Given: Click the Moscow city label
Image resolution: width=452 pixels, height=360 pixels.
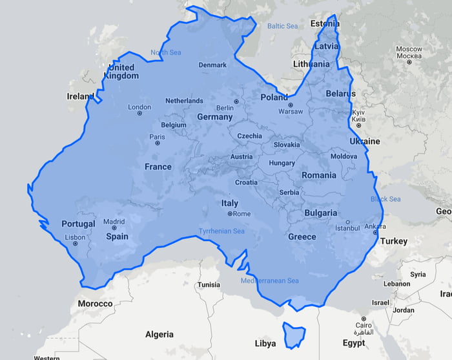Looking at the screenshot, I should click(x=409, y=49).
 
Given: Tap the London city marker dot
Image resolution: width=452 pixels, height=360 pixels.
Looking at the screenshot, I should click(x=139, y=114).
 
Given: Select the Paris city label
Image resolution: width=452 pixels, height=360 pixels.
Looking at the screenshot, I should click(x=157, y=136).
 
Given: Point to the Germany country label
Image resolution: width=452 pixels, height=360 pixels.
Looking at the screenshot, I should click(x=214, y=117).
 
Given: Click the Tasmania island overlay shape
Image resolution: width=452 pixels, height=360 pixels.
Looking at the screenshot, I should click(x=294, y=335).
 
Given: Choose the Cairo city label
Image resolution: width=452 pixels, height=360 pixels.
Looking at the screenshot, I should click(x=364, y=325).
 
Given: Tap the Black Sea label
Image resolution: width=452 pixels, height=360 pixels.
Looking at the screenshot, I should click(x=385, y=199).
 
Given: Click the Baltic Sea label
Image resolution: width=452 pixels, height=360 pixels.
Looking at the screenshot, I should click(x=282, y=26).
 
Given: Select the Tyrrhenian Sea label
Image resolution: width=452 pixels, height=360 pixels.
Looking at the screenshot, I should click(x=221, y=231).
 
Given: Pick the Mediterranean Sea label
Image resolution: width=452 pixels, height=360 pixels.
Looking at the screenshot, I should click(x=270, y=281).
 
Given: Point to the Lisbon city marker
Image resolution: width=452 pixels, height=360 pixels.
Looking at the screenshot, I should click(x=75, y=245).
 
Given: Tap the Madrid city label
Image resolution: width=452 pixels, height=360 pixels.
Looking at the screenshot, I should click(x=114, y=221).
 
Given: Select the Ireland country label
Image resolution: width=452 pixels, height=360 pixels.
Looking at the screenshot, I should click(x=81, y=96).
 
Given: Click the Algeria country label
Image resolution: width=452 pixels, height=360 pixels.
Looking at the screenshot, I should click(x=159, y=334).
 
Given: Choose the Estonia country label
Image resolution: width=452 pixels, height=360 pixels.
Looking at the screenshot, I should click(x=325, y=24).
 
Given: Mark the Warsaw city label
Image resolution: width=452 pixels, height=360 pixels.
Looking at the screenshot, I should click(x=290, y=111).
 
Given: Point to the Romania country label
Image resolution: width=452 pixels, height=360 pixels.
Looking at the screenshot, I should click(x=318, y=175).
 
